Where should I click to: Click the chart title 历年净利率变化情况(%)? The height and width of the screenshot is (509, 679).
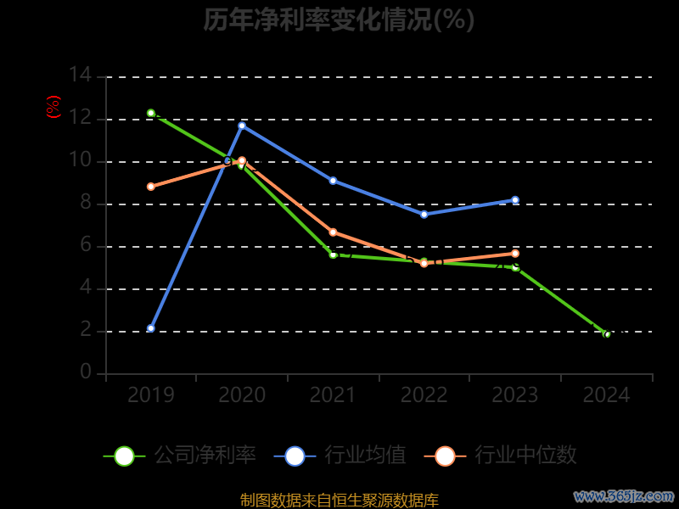339,20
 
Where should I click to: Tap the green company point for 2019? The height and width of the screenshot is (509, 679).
151,113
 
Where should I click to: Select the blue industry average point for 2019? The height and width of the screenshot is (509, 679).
151,328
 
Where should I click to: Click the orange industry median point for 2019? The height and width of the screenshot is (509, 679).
151,187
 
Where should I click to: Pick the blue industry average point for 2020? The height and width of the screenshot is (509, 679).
242,126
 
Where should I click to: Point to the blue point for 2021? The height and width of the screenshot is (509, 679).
333,181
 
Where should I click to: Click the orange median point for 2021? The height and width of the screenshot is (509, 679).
333,232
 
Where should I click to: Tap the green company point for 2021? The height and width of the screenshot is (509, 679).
333,255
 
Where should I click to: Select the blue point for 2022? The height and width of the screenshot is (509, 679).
424,214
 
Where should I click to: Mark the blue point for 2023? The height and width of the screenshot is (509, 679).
515,200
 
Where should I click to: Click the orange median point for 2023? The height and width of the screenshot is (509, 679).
515,254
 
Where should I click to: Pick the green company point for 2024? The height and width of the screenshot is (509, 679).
607,334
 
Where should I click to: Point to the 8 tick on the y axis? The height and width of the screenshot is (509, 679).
86,203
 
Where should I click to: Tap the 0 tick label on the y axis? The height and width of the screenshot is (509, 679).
86,372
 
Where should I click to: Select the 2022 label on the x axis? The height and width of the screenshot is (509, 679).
424,394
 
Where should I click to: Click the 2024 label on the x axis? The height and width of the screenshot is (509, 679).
607,394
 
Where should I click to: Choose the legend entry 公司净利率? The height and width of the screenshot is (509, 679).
180,456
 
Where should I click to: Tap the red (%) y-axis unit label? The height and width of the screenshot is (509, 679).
53,107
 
